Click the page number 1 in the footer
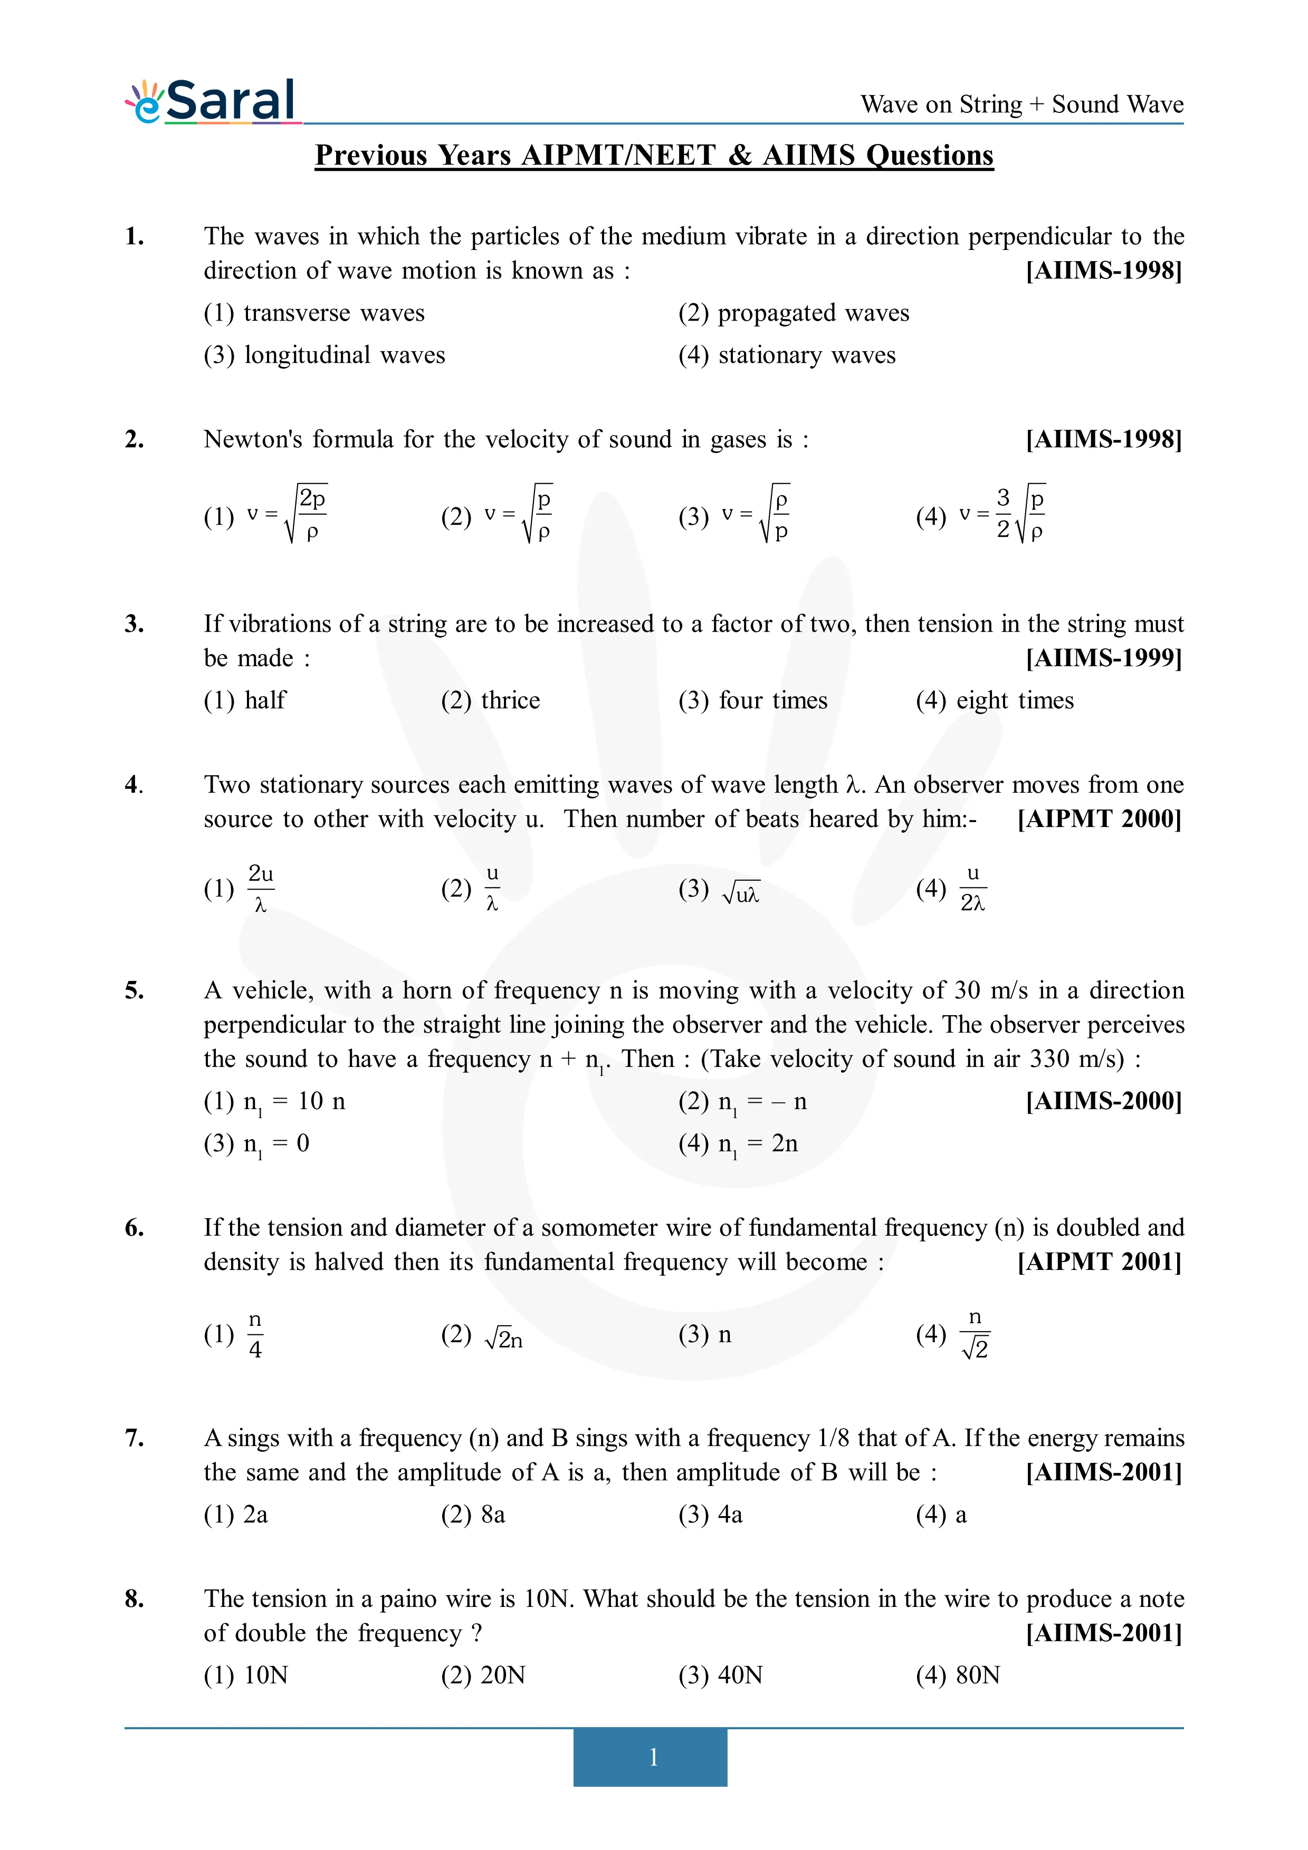[x=653, y=1757]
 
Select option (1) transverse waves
[x=314, y=313]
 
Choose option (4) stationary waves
[x=787, y=355]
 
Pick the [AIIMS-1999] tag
[x=1103, y=658]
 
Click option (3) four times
[x=753, y=701]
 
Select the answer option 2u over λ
[x=260, y=888]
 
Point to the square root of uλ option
[x=740, y=892]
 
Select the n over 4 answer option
[x=255, y=1335]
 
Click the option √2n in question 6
[x=503, y=1337]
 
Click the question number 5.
[x=135, y=990]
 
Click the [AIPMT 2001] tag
[x=1099, y=1263]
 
